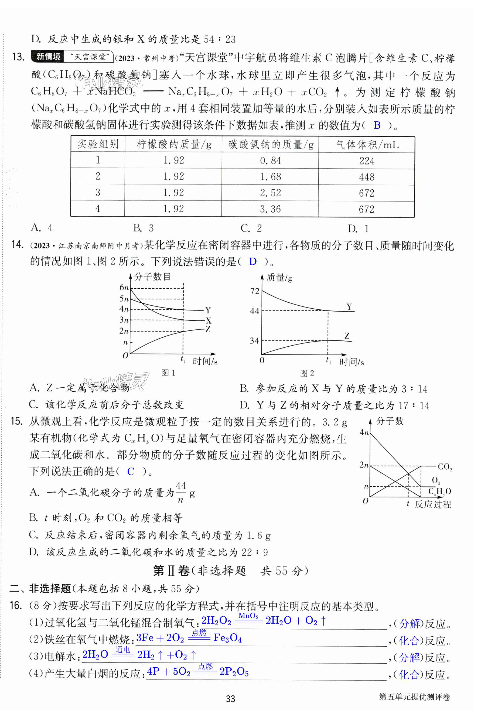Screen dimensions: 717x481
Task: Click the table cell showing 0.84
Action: pyautogui.click(x=270, y=161)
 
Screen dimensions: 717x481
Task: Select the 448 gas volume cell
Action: pyautogui.click(x=367, y=177)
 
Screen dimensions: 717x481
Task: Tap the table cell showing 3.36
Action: pyautogui.click(x=270, y=209)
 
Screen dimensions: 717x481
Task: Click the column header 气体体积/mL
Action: pyautogui.click(x=367, y=144)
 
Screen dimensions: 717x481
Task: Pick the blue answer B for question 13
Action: pyautogui.click(x=377, y=125)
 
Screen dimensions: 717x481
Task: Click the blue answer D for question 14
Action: pyautogui.click(x=253, y=261)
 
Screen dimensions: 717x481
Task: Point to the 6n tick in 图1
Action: pyautogui.click(x=124, y=288)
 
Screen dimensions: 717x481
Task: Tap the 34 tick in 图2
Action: pyautogui.click(x=254, y=340)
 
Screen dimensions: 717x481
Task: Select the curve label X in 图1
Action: pyautogui.click(x=209, y=321)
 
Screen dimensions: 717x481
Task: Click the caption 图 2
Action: pyautogui.click(x=307, y=373)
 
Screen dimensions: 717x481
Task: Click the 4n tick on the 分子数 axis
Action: pyautogui.click(x=364, y=432)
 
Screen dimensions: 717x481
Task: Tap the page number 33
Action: pyautogui.click(x=230, y=699)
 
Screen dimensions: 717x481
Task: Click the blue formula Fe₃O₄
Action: pyautogui.click(x=227, y=638)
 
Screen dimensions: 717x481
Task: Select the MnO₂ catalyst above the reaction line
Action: pyautogui.click(x=248, y=616)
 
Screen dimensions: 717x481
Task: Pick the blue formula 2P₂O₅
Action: pyautogui.click(x=234, y=672)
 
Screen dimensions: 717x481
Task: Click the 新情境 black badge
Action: pyautogui.click(x=48, y=57)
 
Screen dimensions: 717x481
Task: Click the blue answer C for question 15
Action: pyautogui.click(x=131, y=472)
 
